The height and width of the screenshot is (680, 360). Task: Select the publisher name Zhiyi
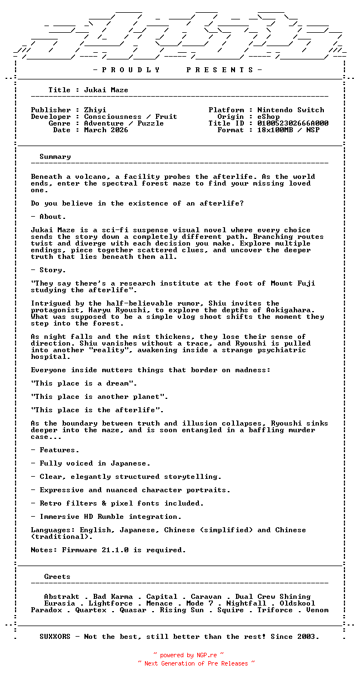95,110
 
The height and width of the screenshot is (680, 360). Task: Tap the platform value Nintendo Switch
291,110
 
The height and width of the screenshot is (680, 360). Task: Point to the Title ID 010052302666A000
293,123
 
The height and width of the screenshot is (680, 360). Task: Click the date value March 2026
106,130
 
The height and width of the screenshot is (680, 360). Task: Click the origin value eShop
268,117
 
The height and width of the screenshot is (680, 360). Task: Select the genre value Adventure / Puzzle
124,123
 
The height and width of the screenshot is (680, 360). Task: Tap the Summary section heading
55,157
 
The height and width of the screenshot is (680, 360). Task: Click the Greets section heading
57,577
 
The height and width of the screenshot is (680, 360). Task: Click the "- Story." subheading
48,270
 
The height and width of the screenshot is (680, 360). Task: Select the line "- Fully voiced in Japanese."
91,463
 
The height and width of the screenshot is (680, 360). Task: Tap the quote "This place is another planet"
99,397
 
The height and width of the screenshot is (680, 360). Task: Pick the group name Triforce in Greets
275,610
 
